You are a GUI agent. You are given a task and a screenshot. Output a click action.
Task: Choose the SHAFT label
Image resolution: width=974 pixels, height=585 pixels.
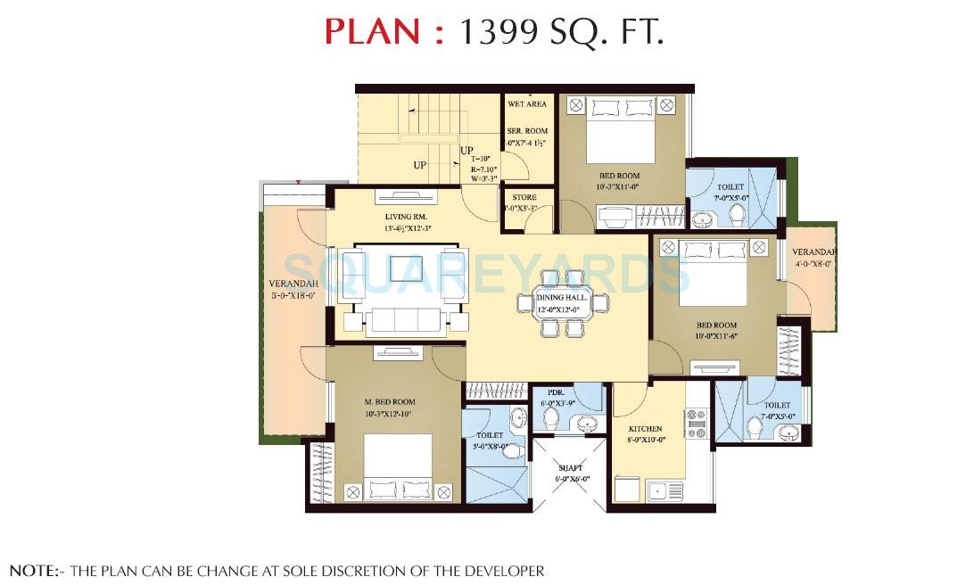click(x=571, y=467)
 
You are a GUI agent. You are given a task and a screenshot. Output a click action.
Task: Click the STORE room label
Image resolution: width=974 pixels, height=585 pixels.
click(x=524, y=197)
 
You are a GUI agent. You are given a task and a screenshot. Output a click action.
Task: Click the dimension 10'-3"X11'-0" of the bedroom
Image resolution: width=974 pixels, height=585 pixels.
click(x=619, y=187)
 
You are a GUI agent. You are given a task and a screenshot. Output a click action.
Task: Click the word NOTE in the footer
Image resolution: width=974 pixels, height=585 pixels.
click(x=30, y=570)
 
